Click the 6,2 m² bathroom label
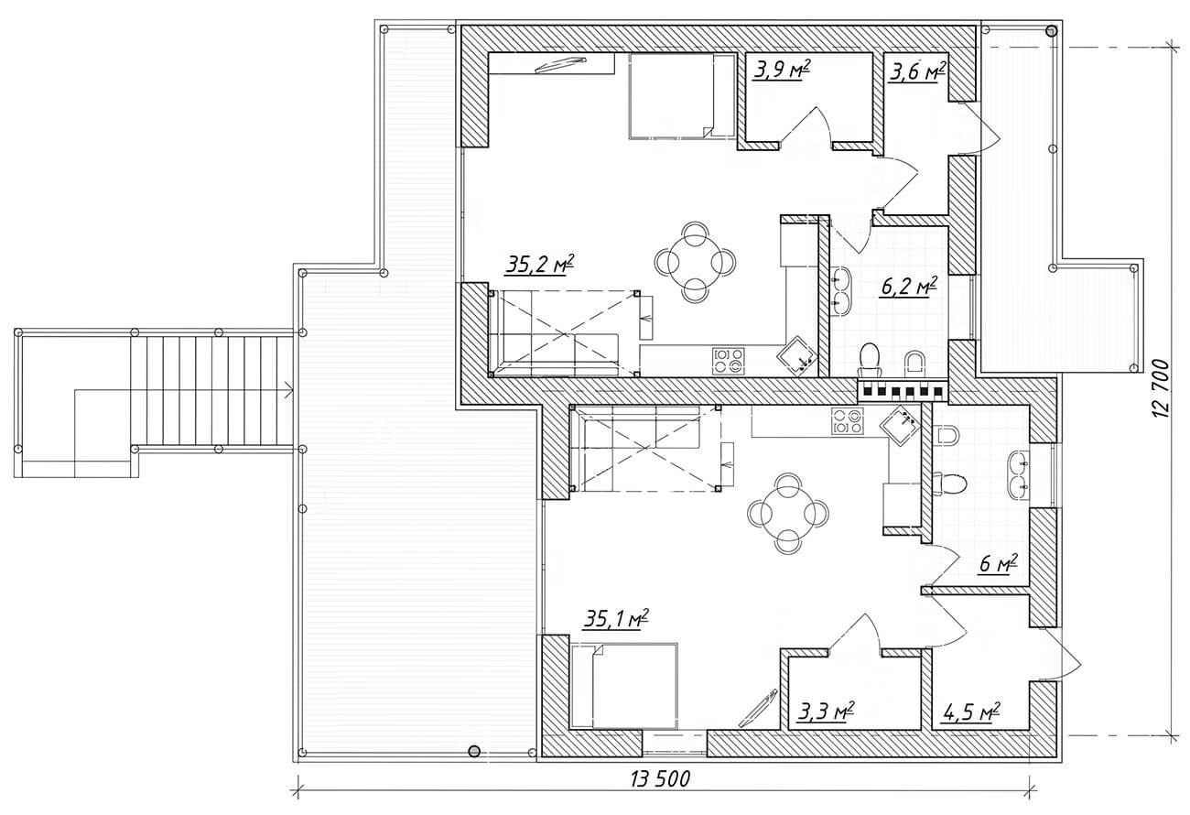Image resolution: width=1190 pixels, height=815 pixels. [909, 287]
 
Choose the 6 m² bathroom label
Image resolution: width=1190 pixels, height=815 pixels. [999, 564]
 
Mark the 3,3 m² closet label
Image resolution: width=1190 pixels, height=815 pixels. [827, 711]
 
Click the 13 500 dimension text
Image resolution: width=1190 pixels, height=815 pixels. [660, 779]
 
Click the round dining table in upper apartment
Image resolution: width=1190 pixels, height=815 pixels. [695, 262]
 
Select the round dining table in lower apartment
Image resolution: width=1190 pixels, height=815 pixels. [787, 513]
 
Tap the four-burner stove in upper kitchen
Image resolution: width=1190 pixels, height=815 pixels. [729, 359]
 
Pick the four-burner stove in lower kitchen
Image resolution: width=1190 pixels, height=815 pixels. [847, 420]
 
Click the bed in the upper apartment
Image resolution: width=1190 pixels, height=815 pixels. [671, 95]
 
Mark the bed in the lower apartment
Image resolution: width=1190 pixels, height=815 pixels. [624, 687]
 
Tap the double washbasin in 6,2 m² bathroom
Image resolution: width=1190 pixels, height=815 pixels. [841, 288]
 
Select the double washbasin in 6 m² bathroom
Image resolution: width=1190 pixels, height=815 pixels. [1020, 475]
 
